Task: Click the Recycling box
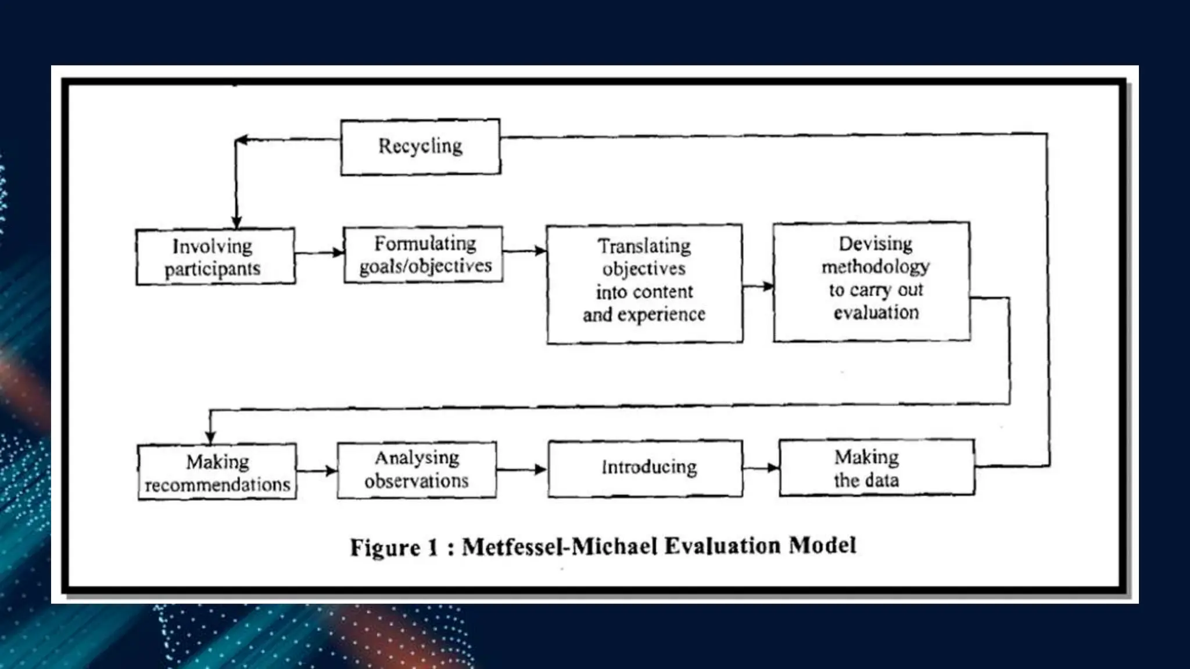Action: coord(420,147)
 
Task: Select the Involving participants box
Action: coord(216,257)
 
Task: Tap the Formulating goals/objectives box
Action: coord(423,255)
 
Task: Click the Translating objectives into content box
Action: coord(644,283)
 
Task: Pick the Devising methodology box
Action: coord(872,282)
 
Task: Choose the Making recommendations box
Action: coord(217,472)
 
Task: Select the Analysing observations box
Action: coord(417,469)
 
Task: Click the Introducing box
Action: coord(645,468)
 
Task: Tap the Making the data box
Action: coord(876,468)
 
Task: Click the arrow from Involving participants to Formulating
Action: coord(320,253)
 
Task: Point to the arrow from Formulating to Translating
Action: coord(525,251)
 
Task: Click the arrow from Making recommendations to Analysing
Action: coord(317,470)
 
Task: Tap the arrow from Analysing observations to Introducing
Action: coord(522,469)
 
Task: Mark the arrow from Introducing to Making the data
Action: coord(761,467)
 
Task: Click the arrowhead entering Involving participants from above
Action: coord(236,222)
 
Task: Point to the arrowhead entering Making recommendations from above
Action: coord(210,437)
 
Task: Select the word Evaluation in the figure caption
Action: coord(722,546)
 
